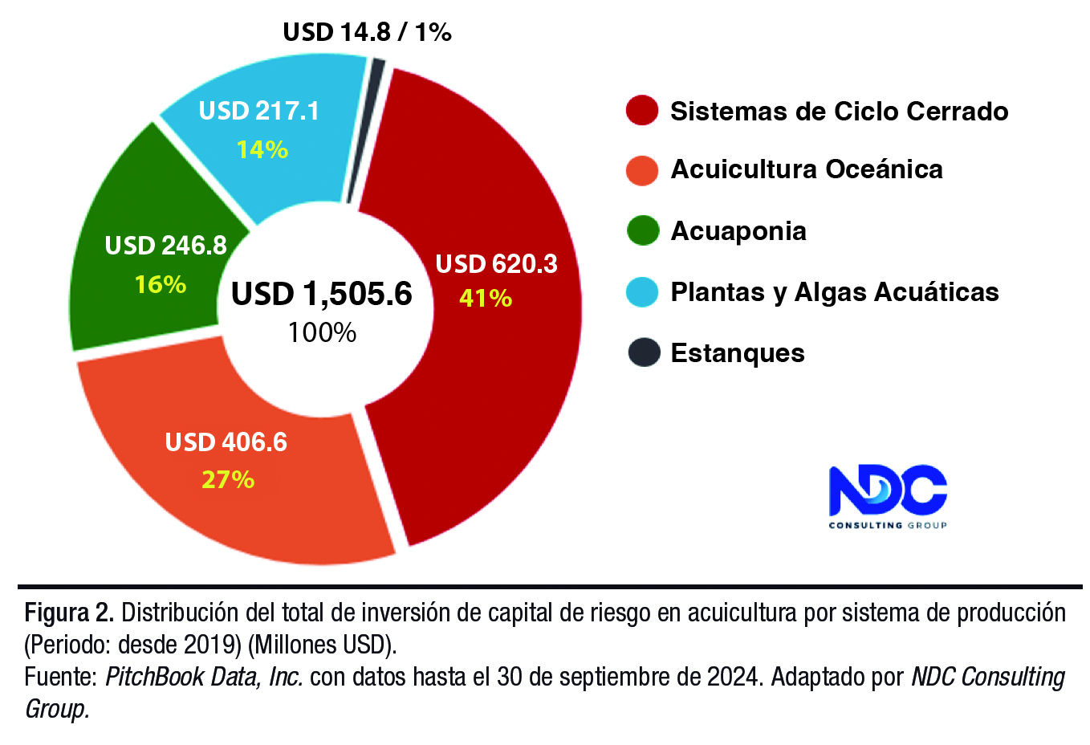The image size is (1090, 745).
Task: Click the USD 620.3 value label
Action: [x=496, y=264]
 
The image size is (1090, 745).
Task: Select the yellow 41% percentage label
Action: [x=486, y=298]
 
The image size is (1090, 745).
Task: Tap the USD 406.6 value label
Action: [x=226, y=442]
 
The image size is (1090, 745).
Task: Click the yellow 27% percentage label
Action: [x=228, y=479]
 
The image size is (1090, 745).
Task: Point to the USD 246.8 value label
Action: [x=165, y=246]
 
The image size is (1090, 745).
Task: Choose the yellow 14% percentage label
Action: [x=262, y=149]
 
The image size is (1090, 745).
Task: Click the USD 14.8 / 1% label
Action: [x=367, y=32]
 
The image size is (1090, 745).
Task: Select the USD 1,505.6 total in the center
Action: [x=321, y=294]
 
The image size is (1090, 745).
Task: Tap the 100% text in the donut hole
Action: [x=322, y=332]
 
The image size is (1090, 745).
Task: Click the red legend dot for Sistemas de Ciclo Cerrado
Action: [x=642, y=111]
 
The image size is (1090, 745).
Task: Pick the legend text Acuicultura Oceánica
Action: [x=806, y=169]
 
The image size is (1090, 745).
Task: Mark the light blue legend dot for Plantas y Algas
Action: [x=642, y=291]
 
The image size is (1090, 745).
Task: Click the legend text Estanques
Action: [x=737, y=353]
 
